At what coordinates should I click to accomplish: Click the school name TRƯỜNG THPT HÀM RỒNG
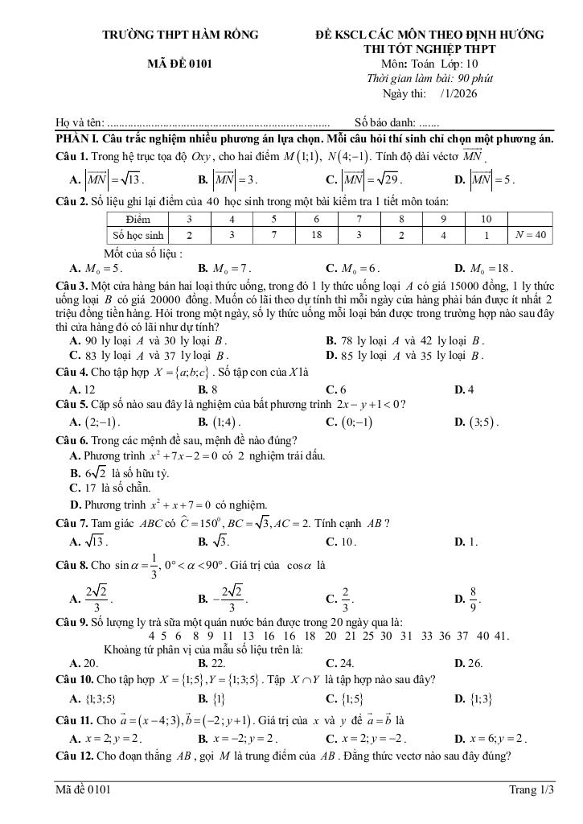[181, 35]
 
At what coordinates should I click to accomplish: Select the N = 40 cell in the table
[530, 235]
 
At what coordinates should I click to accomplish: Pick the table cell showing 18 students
[316, 235]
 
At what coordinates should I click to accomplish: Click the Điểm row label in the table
[138, 219]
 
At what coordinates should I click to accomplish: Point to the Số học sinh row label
[138, 235]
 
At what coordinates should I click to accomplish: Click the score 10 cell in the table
[487, 219]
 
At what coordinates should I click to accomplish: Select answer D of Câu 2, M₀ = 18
[490, 268]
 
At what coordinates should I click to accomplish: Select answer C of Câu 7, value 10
[348, 542]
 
